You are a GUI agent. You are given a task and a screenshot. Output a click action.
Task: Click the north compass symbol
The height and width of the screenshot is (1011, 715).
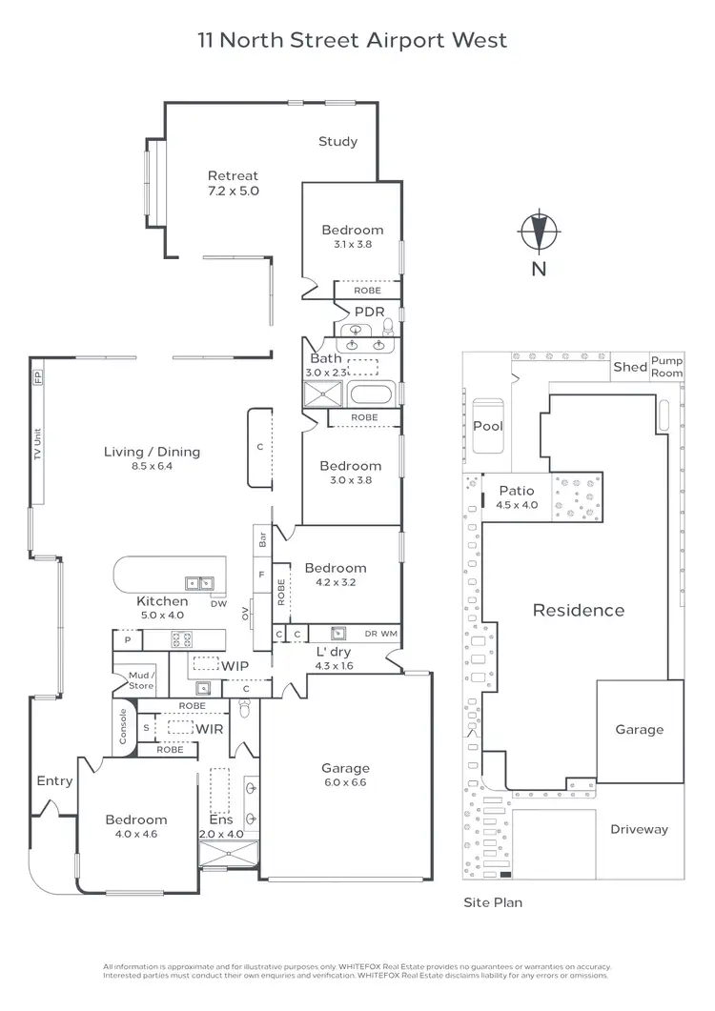pyautogui.click(x=539, y=232)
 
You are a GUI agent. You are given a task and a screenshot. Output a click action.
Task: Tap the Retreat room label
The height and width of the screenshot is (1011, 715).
pyautogui.click(x=234, y=175)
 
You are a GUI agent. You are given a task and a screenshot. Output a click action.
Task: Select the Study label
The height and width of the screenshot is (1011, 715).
pyautogui.click(x=337, y=141)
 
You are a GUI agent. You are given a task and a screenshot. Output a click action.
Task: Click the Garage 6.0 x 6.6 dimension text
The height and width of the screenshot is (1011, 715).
pyautogui.click(x=345, y=782)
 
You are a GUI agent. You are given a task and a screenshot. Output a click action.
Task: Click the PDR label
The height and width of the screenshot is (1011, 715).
pyautogui.click(x=369, y=312)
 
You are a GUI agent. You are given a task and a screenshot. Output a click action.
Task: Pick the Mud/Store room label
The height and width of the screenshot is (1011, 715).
pyautogui.click(x=141, y=680)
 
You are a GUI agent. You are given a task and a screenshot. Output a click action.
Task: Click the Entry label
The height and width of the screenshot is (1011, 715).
pyautogui.click(x=54, y=780)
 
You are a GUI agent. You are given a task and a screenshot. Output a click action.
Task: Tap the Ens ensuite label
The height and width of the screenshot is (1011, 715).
pyautogui.click(x=220, y=819)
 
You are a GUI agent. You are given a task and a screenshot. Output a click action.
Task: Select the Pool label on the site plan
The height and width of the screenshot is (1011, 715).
pyautogui.click(x=488, y=426)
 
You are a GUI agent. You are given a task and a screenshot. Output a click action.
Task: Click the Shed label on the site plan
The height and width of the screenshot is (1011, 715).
pyautogui.click(x=629, y=367)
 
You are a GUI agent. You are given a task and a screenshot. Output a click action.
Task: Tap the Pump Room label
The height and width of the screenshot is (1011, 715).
pyautogui.click(x=666, y=368)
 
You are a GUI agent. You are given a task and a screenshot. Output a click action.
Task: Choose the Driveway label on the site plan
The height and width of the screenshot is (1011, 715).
pyautogui.click(x=639, y=829)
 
